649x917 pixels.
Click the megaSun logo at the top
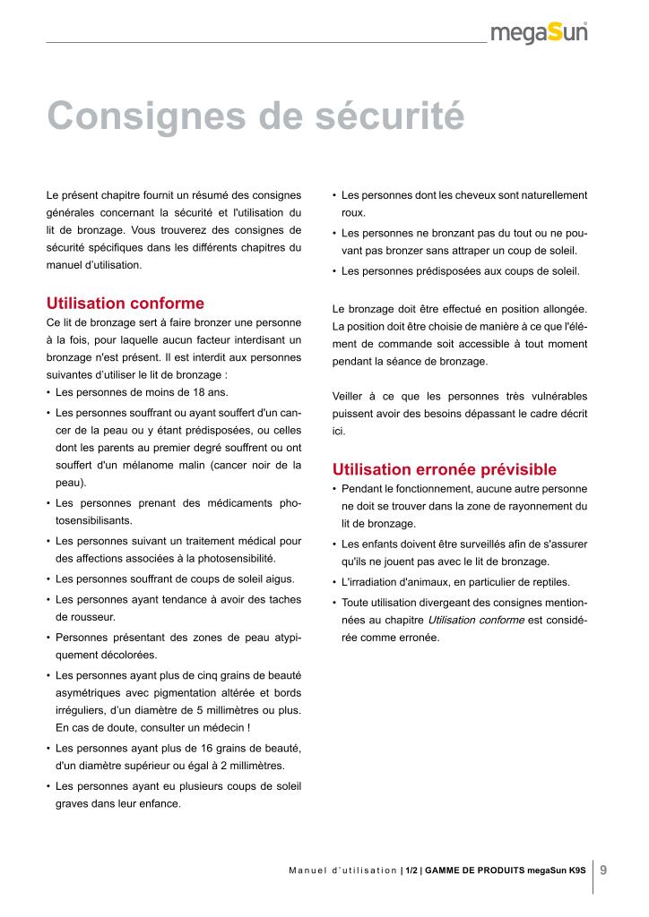(540, 34)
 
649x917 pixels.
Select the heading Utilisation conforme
(125, 303)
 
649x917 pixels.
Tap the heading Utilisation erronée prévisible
(445, 469)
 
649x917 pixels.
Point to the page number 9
(603, 870)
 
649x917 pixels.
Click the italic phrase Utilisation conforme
(476, 620)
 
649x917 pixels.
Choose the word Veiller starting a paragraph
(349, 396)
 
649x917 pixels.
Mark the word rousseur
(84, 618)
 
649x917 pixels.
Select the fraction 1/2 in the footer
(411, 870)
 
